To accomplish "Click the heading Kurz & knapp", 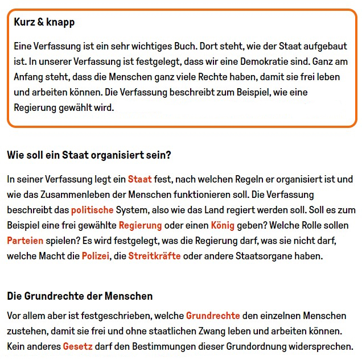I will tap(44, 23).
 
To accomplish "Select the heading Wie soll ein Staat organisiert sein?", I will tap(89, 155).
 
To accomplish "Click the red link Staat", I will tap(140, 179).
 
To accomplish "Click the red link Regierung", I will tap(140, 225).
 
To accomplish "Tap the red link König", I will tap(223, 225).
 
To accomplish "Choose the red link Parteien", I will tap(25, 241).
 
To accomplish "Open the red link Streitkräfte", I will tap(154, 256).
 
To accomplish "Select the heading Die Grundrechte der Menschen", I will tap(80, 296).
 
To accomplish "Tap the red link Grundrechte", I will tap(213, 315).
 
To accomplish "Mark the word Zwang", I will tap(213, 330).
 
